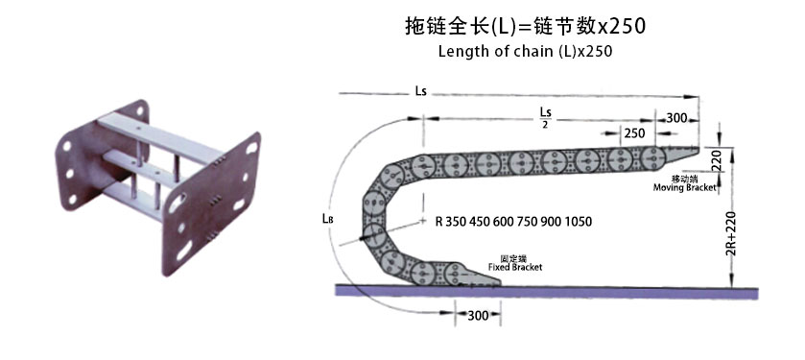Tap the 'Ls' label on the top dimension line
click(420, 91)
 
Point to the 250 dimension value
click(632, 132)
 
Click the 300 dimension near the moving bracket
click(677, 117)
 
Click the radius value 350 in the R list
click(459, 222)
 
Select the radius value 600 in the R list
click(506, 222)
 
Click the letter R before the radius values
click(438, 222)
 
